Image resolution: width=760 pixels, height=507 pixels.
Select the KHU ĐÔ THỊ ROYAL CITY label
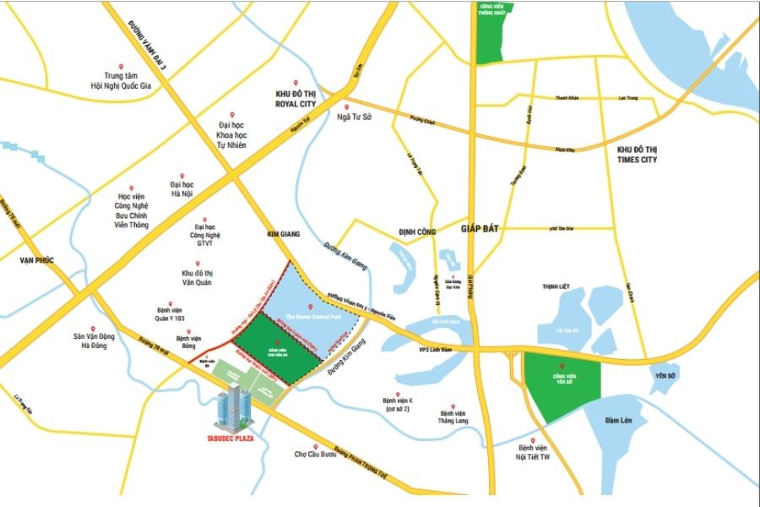(295, 99)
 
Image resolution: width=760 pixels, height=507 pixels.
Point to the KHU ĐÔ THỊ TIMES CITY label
(631, 154)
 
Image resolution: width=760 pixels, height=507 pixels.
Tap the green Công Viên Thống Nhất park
(488, 34)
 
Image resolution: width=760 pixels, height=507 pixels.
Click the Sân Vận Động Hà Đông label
(95, 341)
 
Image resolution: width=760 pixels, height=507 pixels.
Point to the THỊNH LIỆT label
(556, 286)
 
